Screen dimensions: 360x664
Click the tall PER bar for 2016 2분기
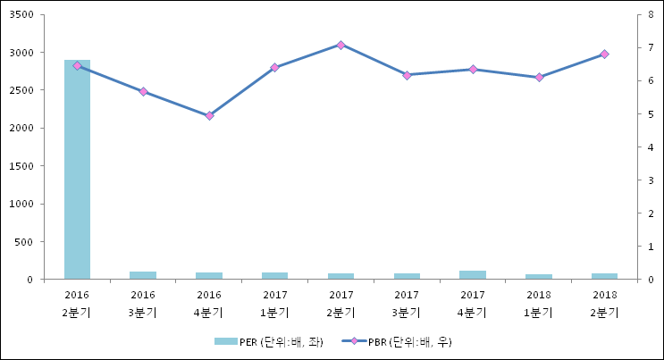pos(77,170)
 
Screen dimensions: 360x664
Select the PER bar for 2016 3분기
pos(143,275)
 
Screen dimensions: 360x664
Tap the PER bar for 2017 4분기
pos(473,275)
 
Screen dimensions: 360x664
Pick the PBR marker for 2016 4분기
pos(209,116)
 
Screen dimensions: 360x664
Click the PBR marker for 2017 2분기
pos(340,45)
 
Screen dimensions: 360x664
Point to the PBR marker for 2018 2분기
pos(604,54)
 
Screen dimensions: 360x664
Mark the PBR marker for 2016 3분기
pos(143,91)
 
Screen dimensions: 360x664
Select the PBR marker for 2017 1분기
pos(274,67)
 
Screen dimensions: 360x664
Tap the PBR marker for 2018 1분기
pos(539,78)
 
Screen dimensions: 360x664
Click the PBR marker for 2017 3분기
pos(407,75)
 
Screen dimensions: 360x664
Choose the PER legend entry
pos(268,342)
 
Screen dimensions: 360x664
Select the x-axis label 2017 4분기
pos(473,304)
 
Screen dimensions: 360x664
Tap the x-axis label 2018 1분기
pos(539,304)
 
